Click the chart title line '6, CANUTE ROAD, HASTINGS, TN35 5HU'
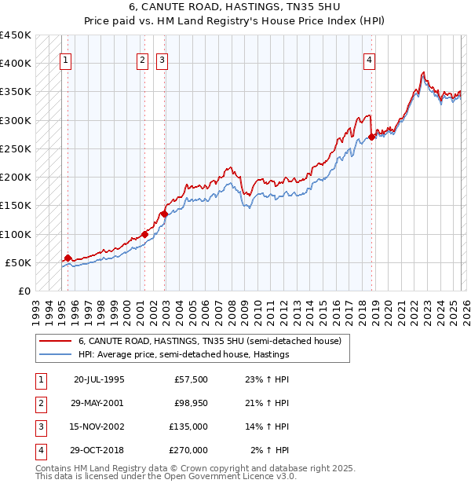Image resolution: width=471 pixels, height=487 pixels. point(235,8)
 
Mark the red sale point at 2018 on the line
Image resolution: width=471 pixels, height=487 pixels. point(371,137)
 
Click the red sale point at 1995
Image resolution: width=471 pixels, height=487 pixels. point(68,258)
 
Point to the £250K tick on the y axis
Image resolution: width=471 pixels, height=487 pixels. point(16,148)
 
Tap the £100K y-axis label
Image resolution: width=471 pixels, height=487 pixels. point(16,234)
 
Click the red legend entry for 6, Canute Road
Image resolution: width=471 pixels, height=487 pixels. point(210,342)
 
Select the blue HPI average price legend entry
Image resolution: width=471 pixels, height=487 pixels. point(184,355)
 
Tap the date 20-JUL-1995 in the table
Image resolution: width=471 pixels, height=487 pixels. point(99,379)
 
